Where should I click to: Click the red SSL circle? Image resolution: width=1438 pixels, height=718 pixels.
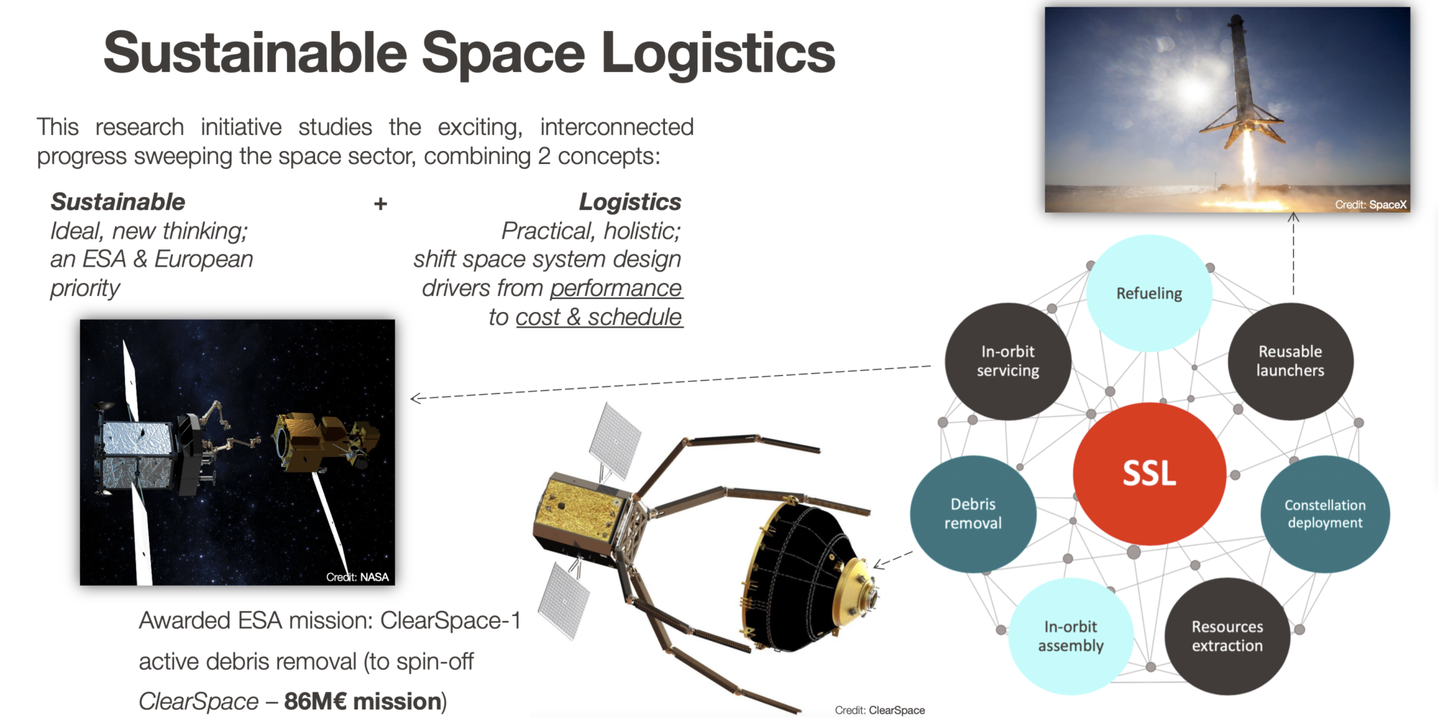tap(1149, 474)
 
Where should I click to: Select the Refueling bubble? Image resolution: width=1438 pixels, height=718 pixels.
tap(1149, 293)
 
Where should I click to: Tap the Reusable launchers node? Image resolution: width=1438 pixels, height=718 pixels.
tap(1291, 361)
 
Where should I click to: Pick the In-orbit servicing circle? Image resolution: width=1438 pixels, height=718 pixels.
tap(1008, 361)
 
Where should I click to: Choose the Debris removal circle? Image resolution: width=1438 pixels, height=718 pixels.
tap(973, 514)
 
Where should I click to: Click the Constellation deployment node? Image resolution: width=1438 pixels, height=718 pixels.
tap(1325, 514)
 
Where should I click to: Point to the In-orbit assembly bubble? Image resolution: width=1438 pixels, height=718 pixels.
tap(1071, 636)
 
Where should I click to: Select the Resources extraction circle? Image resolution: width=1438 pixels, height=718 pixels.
tap(1227, 636)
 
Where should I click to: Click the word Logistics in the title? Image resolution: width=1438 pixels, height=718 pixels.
tap(718, 54)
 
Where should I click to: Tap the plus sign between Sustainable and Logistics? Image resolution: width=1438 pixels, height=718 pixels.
tap(380, 204)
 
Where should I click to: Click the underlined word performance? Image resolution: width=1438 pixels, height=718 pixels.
tap(616, 288)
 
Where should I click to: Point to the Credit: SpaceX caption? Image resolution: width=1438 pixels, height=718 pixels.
tap(1370, 205)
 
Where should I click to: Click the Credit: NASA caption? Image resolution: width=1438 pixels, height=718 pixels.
tap(357, 576)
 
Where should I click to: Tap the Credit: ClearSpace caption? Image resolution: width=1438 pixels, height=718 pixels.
tap(880, 710)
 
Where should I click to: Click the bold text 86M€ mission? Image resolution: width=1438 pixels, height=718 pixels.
tap(363, 701)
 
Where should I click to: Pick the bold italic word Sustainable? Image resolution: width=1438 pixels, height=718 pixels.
tap(118, 202)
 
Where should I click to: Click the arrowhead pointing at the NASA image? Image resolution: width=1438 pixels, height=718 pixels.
tap(416, 398)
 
